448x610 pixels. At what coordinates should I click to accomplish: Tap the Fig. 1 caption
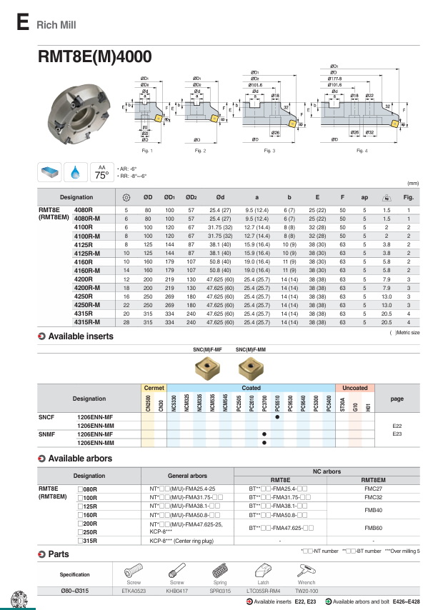(x=147, y=151)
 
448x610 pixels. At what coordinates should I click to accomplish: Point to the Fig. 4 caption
(x=362, y=151)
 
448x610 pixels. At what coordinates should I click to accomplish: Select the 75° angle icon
(x=101, y=172)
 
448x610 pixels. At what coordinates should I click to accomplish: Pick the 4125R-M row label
(x=87, y=253)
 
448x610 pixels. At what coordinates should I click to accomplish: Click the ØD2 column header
(x=191, y=197)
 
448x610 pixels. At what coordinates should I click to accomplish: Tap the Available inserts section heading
(x=80, y=336)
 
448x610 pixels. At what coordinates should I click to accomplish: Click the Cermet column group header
(x=154, y=388)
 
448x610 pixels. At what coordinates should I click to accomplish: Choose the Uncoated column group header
(x=355, y=388)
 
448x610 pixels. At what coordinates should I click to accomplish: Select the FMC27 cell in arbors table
(x=374, y=488)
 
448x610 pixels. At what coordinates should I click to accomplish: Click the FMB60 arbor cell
(x=374, y=528)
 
